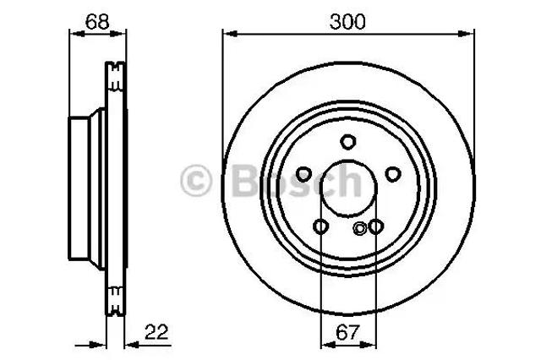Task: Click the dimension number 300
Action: tap(347, 22)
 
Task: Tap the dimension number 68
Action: tap(97, 22)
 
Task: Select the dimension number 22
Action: tap(156, 332)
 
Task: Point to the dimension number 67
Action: tap(347, 332)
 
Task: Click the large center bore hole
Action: tap(348, 188)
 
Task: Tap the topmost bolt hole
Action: tap(347, 142)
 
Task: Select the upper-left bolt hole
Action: tap(304, 174)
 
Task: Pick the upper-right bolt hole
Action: tap(392, 174)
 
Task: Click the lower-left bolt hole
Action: tap(320, 226)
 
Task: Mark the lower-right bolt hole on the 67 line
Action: tap(375, 226)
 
